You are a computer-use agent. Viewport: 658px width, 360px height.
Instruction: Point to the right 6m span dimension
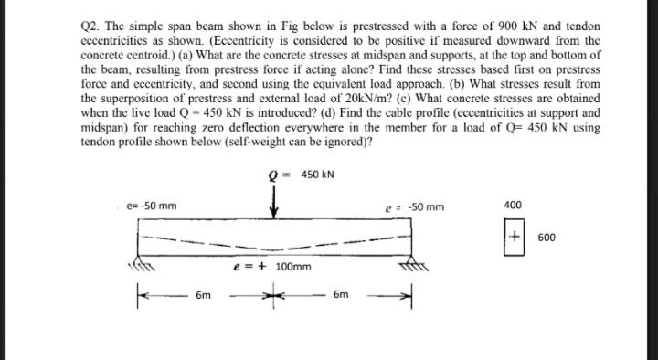click(x=340, y=297)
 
